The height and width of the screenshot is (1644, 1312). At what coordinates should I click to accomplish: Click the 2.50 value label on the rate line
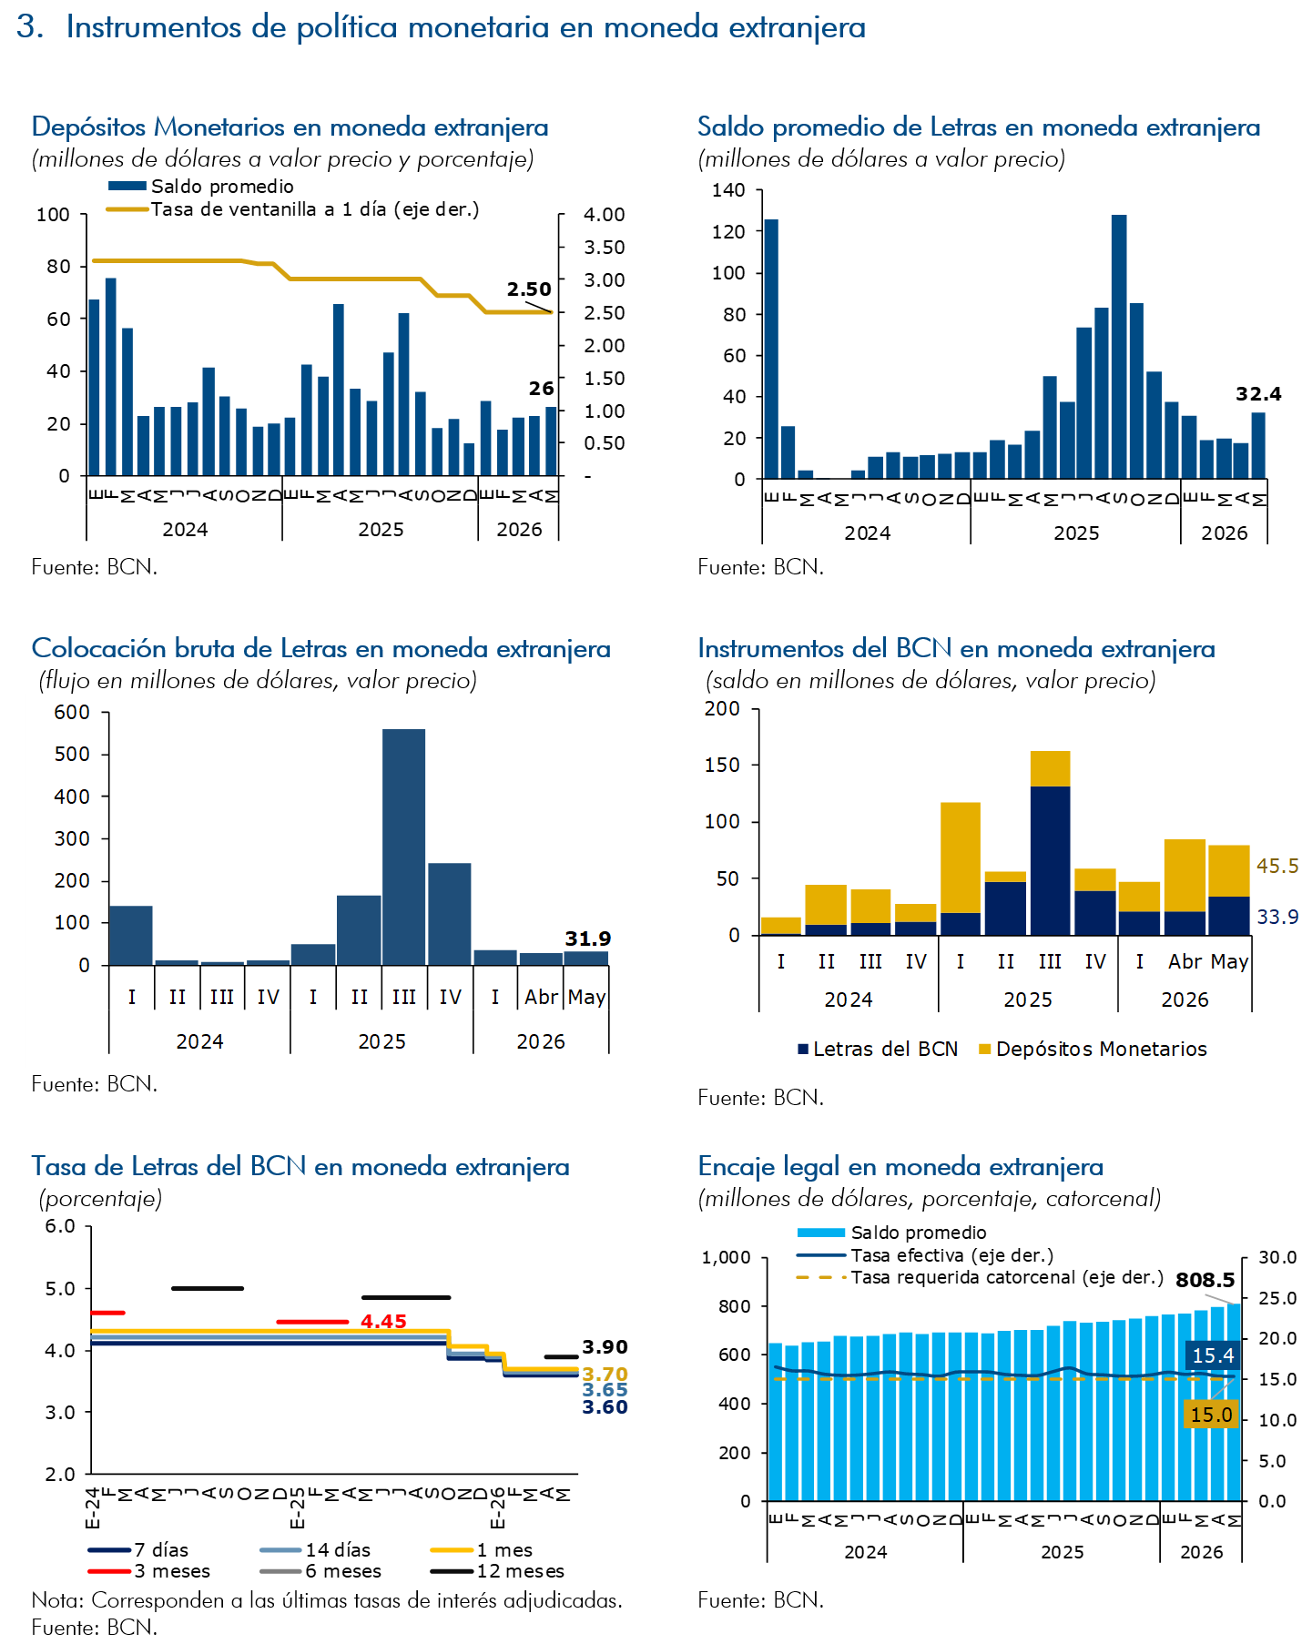tap(529, 289)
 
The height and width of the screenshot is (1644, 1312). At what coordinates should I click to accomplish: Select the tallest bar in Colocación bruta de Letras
tap(403, 847)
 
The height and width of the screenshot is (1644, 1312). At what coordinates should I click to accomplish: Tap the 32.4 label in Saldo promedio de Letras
tap(1258, 394)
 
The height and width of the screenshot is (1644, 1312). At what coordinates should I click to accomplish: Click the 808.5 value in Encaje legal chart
tap(1205, 1280)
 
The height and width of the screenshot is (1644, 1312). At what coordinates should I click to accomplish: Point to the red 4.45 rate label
tap(383, 1321)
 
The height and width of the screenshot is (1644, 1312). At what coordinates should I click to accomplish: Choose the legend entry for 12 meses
tap(497, 1571)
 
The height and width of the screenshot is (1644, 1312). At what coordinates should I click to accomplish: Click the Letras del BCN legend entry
tap(878, 1049)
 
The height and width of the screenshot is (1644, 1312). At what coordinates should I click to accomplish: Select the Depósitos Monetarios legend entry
tap(1093, 1049)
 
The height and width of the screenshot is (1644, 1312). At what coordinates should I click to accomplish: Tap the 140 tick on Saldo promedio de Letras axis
tap(728, 190)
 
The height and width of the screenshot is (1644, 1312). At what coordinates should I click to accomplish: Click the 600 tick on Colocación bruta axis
tap(73, 712)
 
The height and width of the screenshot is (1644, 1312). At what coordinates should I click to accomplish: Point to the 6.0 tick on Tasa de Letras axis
tap(60, 1226)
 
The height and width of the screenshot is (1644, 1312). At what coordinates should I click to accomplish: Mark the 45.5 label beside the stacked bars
tap(1277, 866)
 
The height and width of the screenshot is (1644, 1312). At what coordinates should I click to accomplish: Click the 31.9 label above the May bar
tap(588, 939)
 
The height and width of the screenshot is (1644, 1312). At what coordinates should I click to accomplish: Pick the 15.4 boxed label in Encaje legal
tap(1213, 1355)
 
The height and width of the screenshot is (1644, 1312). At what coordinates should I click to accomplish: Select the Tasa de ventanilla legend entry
tap(293, 209)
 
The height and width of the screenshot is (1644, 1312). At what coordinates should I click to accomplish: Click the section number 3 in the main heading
tap(30, 27)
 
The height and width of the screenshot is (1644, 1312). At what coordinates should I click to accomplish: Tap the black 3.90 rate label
tap(605, 1347)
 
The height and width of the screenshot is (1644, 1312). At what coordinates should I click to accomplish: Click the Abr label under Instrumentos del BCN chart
tap(1185, 961)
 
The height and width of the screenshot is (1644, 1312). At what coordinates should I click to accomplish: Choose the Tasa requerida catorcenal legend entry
tap(980, 1277)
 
